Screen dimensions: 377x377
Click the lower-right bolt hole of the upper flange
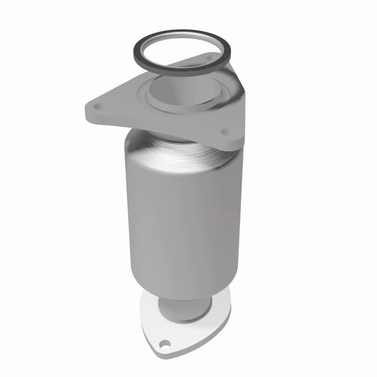point(225,131)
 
